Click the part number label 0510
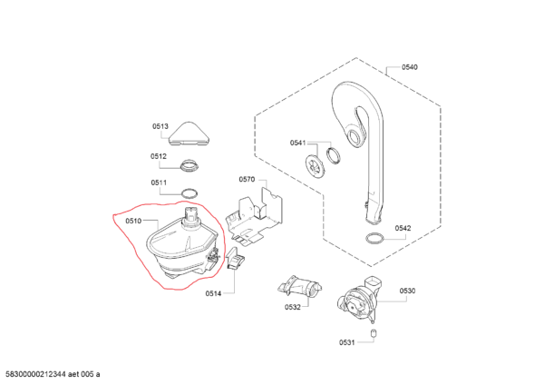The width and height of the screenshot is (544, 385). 133,221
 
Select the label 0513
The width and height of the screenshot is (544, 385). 160,126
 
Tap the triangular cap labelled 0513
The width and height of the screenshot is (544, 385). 189,134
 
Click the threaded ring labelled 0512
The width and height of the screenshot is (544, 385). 189,164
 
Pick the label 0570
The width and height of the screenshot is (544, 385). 247,179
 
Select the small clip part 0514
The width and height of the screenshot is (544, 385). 236,258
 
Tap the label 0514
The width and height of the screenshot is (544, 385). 213,293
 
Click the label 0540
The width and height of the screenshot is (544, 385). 410,67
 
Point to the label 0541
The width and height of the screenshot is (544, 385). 298,143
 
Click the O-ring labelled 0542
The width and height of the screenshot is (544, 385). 375,238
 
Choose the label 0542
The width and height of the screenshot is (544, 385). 403,228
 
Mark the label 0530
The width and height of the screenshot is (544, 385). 407,291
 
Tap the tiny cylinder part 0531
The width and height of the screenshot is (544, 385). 374,333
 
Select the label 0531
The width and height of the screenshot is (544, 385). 347,342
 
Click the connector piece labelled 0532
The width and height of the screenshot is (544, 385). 300,287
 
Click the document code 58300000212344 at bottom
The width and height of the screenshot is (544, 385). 34,374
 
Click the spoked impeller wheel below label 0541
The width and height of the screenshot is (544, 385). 315,166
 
